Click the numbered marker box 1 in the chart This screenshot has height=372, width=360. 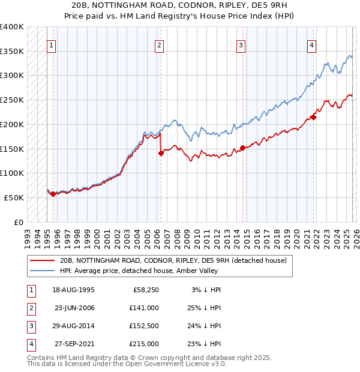[51, 44]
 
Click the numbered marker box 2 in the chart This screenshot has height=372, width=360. [159, 44]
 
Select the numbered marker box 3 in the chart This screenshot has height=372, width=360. [241, 44]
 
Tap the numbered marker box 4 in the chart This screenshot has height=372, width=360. [312, 44]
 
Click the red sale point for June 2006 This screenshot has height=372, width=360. [161, 153]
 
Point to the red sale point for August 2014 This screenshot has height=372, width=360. [242, 148]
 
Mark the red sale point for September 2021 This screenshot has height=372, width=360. [313, 117]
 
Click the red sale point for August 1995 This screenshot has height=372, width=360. [53, 193]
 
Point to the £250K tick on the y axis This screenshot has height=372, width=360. [13, 100]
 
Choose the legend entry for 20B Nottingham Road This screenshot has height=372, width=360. [173, 260]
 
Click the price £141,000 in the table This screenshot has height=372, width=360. [145, 308]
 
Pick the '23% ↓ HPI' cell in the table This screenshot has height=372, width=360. [202, 344]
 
